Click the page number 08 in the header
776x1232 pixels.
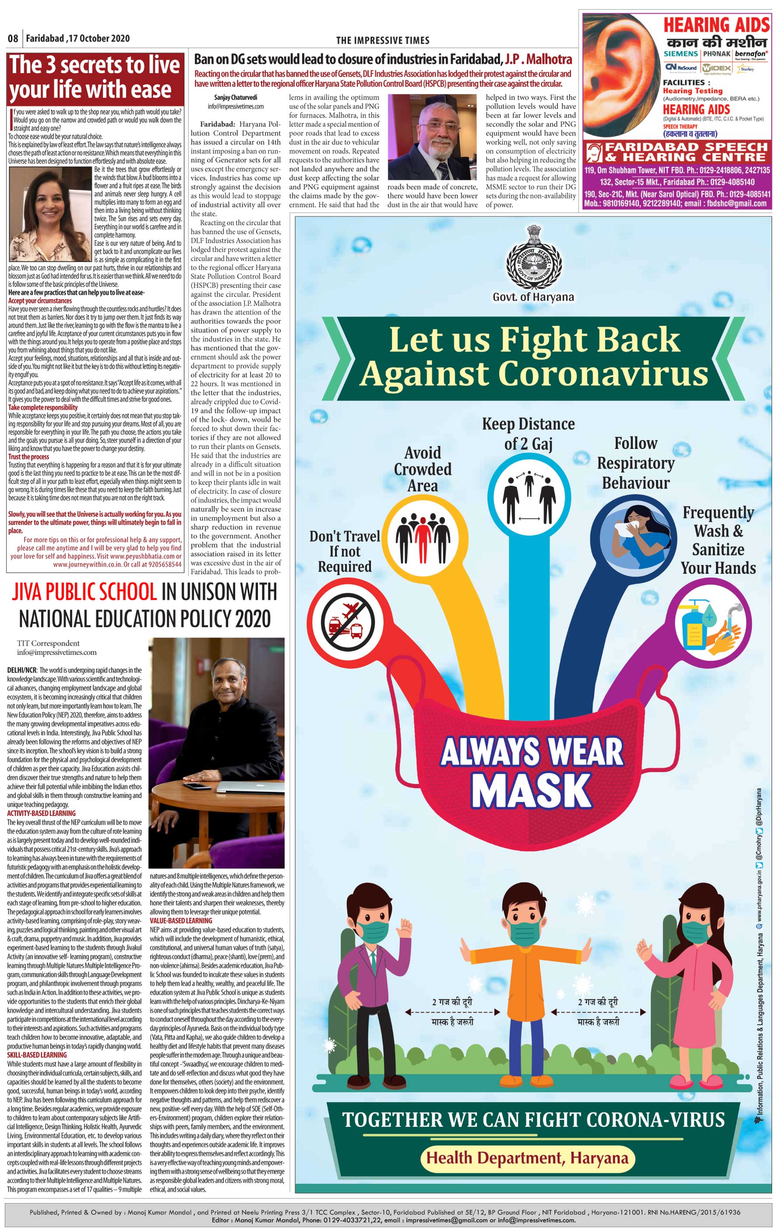pyautogui.click(x=13, y=38)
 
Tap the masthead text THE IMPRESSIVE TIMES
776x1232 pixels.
pyautogui.click(x=383, y=40)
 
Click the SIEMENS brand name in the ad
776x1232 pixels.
pyautogui.click(x=680, y=54)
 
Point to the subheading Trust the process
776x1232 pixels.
pyautogui.click(x=29, y=456)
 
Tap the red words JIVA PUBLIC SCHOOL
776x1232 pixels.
pyautogui.click(x=84, y=592)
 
